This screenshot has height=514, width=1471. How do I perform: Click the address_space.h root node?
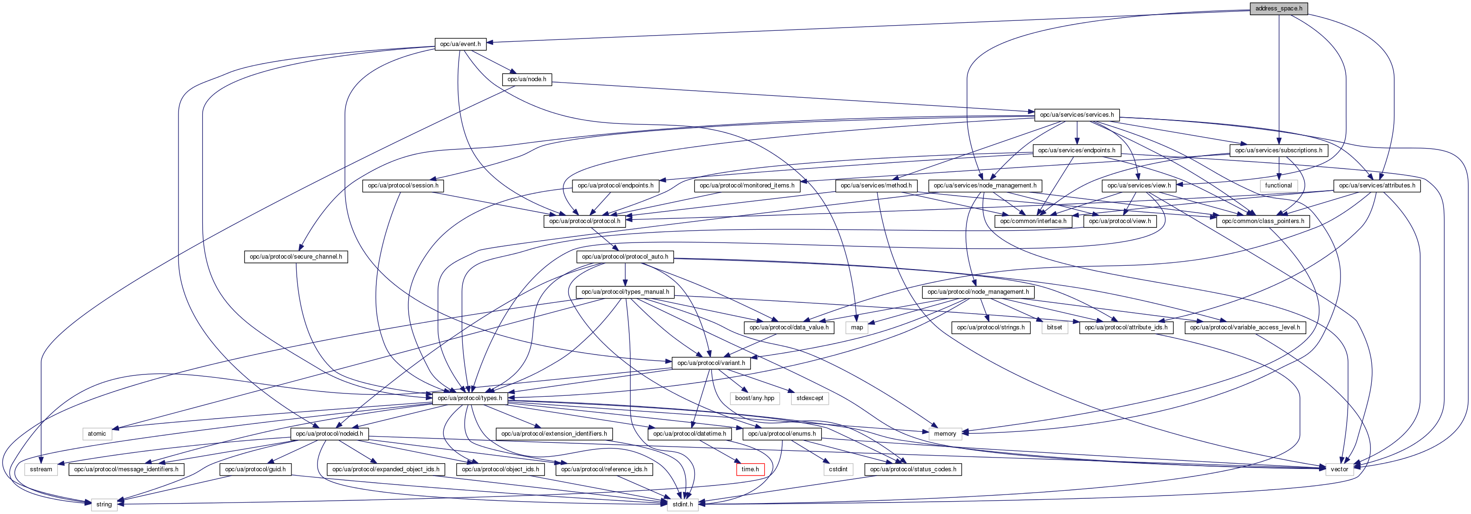(1279, 9)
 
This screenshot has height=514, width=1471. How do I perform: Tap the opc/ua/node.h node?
(526, 79)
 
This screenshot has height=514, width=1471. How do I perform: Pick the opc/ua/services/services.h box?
(1077, 115)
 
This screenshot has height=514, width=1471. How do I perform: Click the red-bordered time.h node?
(750, 469)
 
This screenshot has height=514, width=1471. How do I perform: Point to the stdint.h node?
(683, 505)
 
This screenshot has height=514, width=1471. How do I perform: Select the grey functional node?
(1278, 186)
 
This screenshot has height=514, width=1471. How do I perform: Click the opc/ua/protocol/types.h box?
(469, 398)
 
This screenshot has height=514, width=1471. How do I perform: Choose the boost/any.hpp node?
(754, 398)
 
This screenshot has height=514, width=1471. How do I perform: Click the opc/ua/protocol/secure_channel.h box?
(296, 257)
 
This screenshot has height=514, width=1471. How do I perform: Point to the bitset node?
(1054, 327)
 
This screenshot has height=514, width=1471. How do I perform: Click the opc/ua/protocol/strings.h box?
(991, 327)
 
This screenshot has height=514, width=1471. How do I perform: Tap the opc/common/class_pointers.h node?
(1263, 221)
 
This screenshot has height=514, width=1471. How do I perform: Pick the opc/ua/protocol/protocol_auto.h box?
(625, 257)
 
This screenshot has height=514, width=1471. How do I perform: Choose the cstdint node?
(838, 469)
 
